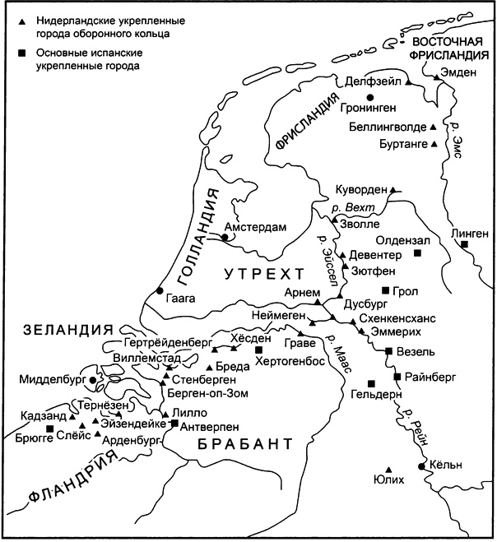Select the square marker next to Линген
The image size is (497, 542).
465,244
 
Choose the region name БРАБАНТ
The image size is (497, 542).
244,445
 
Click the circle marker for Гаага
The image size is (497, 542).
159,290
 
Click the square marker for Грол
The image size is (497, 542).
385,290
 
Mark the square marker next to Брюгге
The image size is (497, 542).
50,429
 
